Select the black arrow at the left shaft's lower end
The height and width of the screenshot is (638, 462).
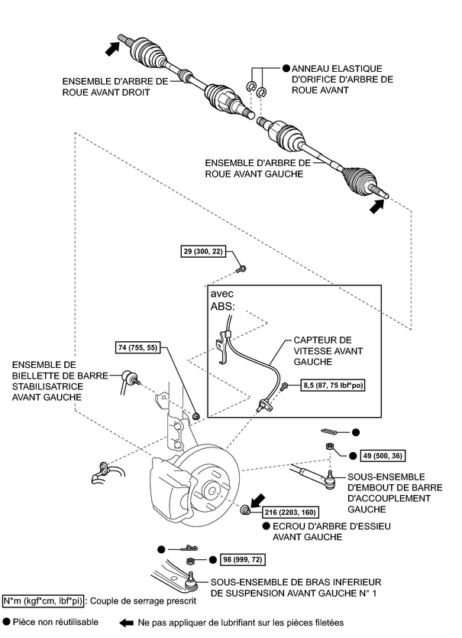pos(375,207)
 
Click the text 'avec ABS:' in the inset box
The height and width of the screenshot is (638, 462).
pos(222,301)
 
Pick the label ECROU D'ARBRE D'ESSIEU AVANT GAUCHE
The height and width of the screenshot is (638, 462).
pos(303,531)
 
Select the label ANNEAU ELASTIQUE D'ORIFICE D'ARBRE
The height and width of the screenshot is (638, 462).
pos(342,79)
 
